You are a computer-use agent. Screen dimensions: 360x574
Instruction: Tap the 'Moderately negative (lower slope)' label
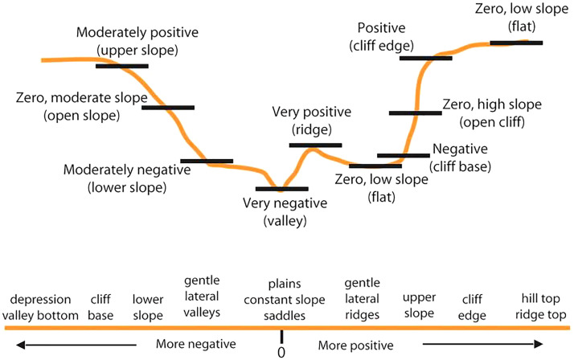click(126, 179)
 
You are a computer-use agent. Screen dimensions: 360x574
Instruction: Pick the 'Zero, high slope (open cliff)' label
click(492, 113)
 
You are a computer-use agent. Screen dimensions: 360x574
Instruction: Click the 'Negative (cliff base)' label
click(465, 157)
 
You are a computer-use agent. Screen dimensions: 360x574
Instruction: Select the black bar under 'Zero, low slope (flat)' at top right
click(515, 43)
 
